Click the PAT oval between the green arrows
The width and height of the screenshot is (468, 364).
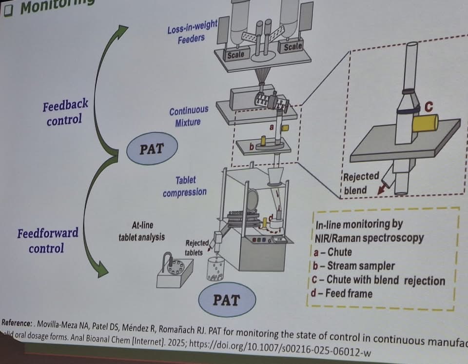pyautogui.click(x=151, y=148)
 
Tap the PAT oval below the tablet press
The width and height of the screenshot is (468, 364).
pyautogui.click(x=227, y=299)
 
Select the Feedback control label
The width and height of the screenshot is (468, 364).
pyautogui.click(x=65, y=112)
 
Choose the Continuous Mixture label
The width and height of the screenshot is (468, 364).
pyautogui.click(x=189, y=117)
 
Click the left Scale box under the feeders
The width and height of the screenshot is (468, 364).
pyautogui.click(x=235, y=55)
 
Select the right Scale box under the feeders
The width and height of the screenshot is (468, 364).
pyautogui.click(x=292, y=47)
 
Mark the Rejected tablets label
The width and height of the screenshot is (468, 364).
pyautogui.click(x=198, y=247)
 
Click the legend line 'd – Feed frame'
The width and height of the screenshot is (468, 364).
pyautogui.click(x=344, y=293)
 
